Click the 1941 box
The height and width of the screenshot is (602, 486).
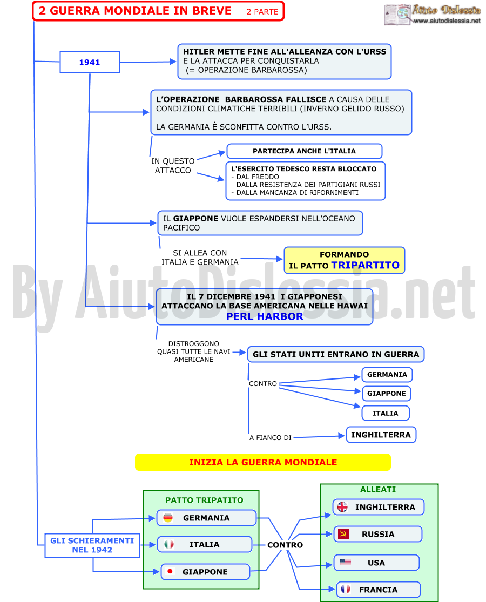point(90,62)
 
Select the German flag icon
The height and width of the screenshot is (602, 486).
point(168,518)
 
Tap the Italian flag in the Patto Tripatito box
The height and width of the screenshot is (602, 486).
point(169,544)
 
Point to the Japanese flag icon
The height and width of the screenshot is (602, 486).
point(170,571)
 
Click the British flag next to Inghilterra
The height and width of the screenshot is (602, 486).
point(342,507)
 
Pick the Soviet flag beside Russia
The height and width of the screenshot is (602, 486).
point(343,533)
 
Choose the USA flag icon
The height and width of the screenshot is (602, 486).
point(346,562)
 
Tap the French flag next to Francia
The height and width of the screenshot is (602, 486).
point(346,589)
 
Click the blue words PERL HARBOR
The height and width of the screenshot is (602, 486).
point(265,316)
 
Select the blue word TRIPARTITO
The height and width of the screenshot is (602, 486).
point(366,265)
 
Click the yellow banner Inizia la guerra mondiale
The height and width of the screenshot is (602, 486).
point(263,462)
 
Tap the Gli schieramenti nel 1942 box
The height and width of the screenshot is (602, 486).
point(92,545)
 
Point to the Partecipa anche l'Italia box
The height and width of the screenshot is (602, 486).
point(305,151)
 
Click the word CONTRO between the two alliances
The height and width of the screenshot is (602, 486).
point(285,545)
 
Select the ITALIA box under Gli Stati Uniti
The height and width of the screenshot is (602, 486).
point(386,413)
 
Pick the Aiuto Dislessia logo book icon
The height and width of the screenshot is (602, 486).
point(397,14)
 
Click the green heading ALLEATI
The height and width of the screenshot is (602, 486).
point(378,489)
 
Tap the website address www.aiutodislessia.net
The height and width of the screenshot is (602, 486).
point(447,21)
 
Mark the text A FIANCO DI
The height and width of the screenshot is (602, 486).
point(270,438)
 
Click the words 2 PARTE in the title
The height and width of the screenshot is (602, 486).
point(262,12)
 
